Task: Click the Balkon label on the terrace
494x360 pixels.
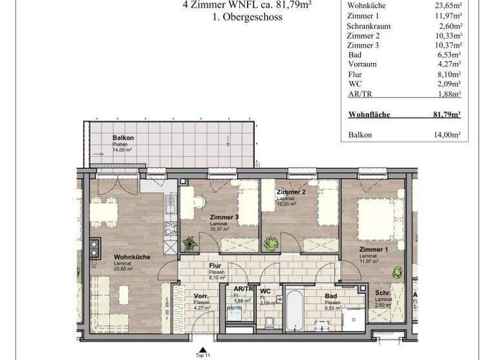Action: pyautogui.click(x=123, y=138)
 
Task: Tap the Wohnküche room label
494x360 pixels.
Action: pyautogui.click(x=132, y=256)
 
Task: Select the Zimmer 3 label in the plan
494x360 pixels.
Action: pyautogui.click(x=224, y=217)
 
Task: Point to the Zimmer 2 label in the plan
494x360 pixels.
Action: pyautogui.click(x=291, y=192)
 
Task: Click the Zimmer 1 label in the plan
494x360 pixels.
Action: pyautogui.click(x=374, y=249)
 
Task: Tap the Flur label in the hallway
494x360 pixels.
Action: pyautogui.click(x=215, y=265)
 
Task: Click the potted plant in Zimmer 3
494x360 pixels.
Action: pyautogui.click(x=189, y=244)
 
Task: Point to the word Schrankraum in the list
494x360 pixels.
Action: pyautogui.click(x=369, y=26)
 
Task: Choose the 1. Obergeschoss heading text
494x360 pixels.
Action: pyautogui.click(x=247, y=17)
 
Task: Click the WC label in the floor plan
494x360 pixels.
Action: pyautogui.click(x=265, y=291)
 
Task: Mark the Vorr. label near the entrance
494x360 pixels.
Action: pyautogui.click(x=200, y=296)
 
